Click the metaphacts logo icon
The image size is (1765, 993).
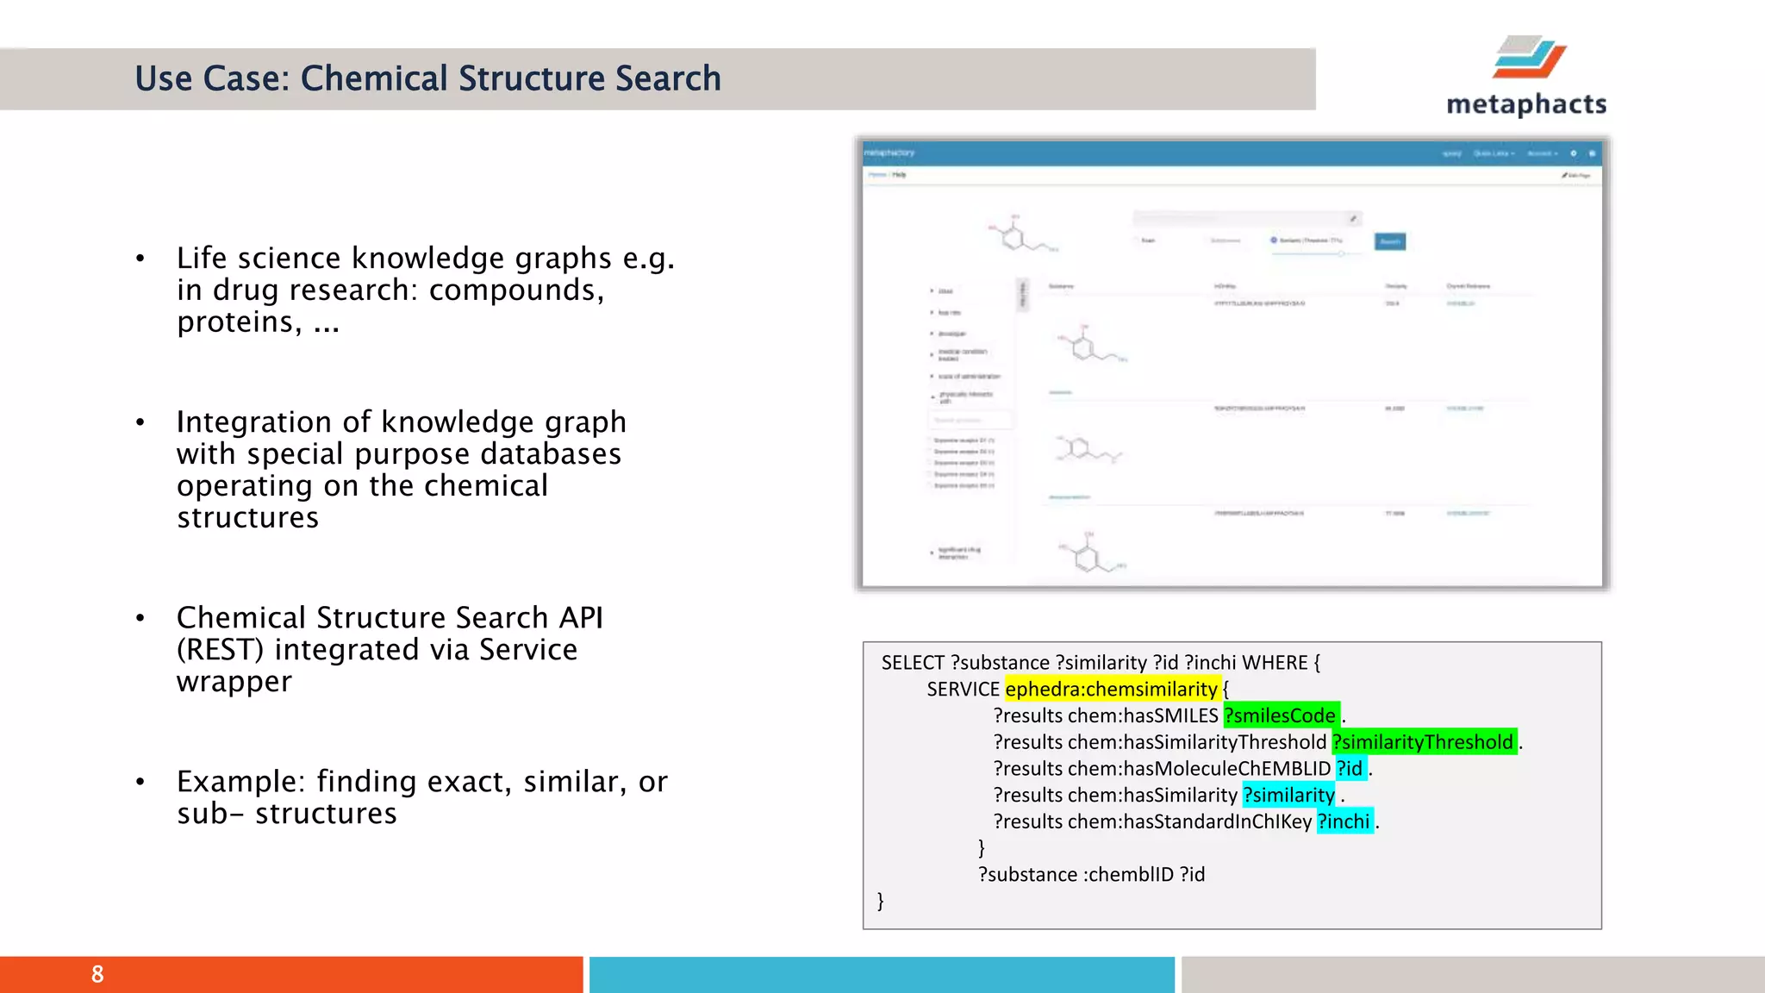point(1529,57)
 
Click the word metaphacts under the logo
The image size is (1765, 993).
point(1526,104)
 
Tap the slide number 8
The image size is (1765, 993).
point(97,974)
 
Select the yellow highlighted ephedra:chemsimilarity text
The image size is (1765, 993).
point(1111,689)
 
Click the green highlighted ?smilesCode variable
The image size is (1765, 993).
point(1281,715)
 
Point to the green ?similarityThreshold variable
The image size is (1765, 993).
point(1423,742)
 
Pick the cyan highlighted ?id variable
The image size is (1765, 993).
point(1350,768)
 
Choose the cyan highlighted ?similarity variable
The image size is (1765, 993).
point(1288,795)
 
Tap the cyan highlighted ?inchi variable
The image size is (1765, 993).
point(1344,821)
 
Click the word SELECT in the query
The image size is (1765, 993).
point(913,662)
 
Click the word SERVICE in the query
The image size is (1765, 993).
point(963,689)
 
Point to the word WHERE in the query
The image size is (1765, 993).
point(1275,662)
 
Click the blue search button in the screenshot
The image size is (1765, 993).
point(1389,241)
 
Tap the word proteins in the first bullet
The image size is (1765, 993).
point(234,322)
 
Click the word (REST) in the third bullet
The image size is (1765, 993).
point(220,649)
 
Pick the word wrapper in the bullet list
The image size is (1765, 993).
point(234,681)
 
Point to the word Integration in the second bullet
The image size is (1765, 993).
point(253,422)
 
